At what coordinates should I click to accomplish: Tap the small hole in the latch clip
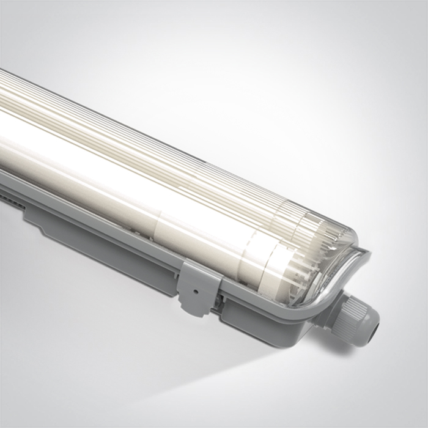coord(191,283)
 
